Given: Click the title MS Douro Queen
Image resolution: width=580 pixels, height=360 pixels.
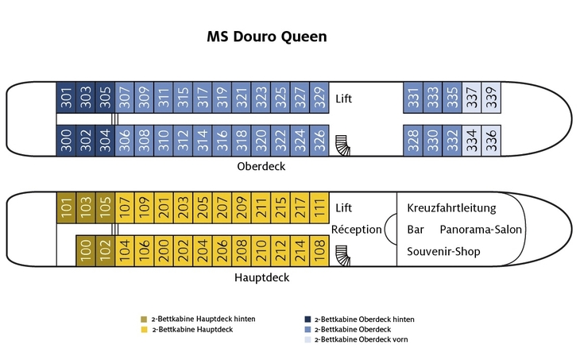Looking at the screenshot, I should click(266, 37).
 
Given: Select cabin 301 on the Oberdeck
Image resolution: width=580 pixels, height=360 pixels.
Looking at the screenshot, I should click(66, 99).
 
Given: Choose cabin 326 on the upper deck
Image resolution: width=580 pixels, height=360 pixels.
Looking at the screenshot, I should click(319, 141).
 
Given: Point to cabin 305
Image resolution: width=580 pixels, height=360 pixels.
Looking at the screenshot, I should click(105, 99).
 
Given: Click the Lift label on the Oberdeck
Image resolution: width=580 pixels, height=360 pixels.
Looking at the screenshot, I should click(343, 99).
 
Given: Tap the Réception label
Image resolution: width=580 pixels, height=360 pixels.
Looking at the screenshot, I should click(356, 230).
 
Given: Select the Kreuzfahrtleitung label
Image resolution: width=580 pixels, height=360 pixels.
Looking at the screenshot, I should click(451, 208).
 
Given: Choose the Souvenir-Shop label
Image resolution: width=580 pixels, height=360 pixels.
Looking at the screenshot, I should click(443, 252).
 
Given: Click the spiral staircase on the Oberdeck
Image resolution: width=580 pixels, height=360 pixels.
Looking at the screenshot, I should click(342, 145).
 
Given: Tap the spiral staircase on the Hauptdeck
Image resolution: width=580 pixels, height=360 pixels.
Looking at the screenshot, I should click(342, 254).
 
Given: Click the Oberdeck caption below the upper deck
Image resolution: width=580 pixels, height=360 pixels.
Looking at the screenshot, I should click(261, 167).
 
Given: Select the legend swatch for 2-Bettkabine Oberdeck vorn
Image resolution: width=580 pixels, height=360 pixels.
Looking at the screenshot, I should click(308, 339).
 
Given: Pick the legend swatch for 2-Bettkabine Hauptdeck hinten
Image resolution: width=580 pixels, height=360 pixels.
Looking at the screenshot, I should click(144, 319).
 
